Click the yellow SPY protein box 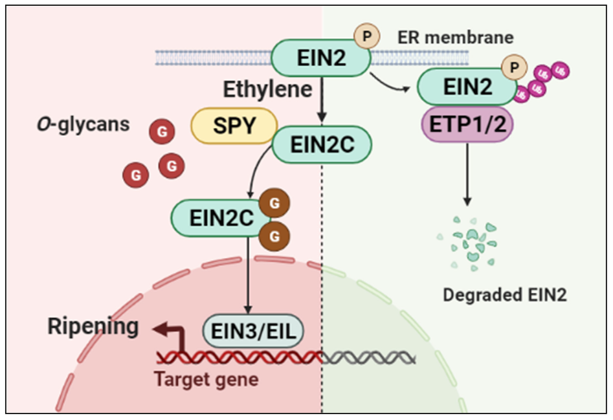pos(234,125)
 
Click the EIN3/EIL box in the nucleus pos(254,331)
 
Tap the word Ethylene pos(267,89)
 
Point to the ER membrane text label pos(455,37)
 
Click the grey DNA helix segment pos(368,357)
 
